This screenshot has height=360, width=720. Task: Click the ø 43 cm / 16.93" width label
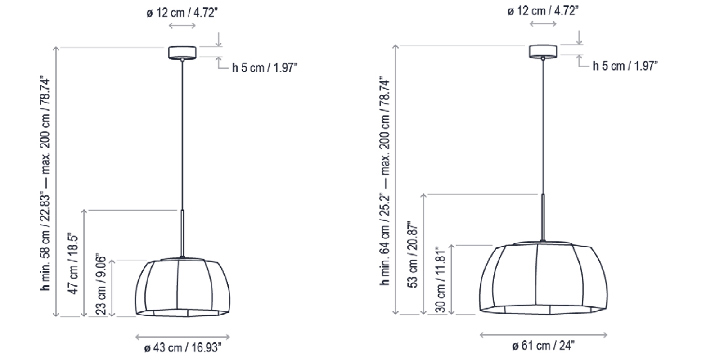click(183, 348)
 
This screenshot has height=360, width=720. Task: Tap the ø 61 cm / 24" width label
click(543, 346)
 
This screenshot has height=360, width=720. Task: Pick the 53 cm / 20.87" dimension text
click(413, 254)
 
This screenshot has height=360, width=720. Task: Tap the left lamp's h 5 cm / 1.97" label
click(265, 68)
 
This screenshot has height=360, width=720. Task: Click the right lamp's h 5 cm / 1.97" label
click(625, 66)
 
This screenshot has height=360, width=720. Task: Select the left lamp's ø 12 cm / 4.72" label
click(182, 13)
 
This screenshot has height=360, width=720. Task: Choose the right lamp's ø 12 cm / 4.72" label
click(543, 11)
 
